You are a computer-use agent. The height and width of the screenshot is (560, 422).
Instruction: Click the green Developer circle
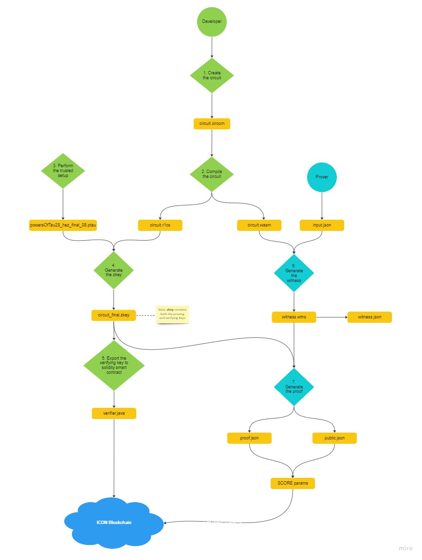[x=212, y=22]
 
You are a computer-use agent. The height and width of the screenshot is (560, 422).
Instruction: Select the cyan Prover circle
[x=322, y=177]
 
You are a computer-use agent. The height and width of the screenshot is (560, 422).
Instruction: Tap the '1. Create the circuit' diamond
[x=212, y=75]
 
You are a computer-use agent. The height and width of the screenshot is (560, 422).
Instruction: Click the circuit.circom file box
[x=212, y=124]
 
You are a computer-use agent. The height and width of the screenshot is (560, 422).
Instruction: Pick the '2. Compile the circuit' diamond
[x=212, y=174]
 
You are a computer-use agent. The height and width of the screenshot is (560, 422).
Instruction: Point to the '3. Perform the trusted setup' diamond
[x=63, y=171]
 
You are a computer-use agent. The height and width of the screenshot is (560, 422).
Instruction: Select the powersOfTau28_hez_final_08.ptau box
[x=63, y=225]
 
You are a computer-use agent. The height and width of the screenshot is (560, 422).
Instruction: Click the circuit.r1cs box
[x=160, y=225]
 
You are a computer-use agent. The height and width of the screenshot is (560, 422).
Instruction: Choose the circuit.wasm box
[x=259, y=225]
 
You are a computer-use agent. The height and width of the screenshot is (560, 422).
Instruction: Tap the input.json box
[x=322, y=225]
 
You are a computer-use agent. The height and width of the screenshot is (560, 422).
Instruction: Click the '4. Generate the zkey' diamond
[x=113, y=271]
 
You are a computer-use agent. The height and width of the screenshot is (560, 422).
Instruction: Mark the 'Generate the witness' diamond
[x=294, y=273]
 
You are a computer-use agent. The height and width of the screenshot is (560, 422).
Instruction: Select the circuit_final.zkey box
[x=113, y=315]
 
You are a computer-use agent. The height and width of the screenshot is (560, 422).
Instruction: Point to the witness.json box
[x=369, y=317]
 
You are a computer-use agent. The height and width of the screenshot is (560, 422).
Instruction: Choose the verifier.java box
[x=114, y=413]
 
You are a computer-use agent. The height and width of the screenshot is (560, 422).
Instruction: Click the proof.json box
[x=249, y=438]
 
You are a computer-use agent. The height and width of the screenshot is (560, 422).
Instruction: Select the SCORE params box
[x=293, y=483]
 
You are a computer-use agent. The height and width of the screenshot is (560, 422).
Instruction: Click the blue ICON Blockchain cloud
[x=113, y=523]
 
